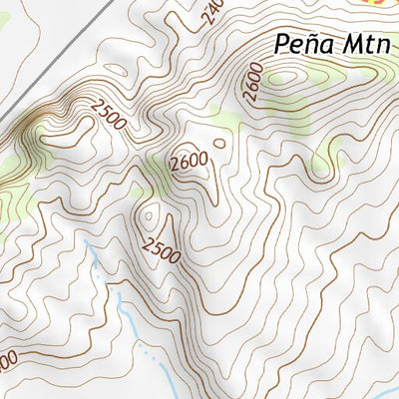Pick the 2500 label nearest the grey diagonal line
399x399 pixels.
[x=107, y=115]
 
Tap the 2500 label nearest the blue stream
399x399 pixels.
[x=161, y=249]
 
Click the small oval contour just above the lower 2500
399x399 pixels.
[x=151, y=213]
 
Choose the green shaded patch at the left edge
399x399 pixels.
[x=8, y=199]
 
